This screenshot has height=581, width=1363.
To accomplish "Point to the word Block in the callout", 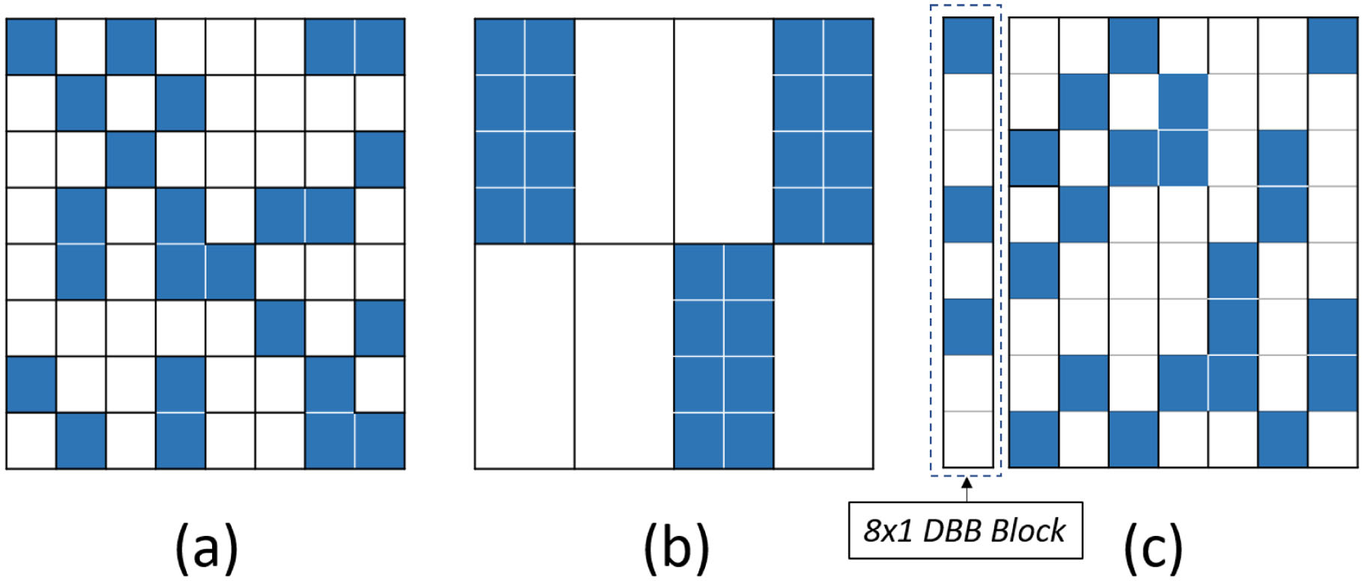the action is pyautogui.click(x=1028, y=531).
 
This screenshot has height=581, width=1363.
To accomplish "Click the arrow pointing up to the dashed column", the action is pyautogui.click(x=967, y=490).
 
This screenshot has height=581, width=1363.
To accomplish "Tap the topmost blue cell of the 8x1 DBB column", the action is pyautogui.click(x=967, y=46).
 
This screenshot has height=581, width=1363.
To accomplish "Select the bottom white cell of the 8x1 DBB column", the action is pyautogui.click(x=967, y=439).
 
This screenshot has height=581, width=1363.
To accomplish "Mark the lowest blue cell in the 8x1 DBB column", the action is pyautogui.click(x=967, y=327).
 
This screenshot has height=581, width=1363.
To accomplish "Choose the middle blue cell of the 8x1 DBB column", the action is pyautogui.click(x=967, y=214).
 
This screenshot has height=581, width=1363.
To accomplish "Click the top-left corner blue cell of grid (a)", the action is pyautogui.click(x=31, y=46).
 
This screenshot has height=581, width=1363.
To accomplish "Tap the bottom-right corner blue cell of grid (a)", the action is pyautogui.click(x=380, y=441).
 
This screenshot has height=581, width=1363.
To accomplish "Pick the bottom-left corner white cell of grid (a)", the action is pyautogui.click(x=31, y=441).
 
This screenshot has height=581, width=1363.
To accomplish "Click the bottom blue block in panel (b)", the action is pyautogui.click(x=723, y=356).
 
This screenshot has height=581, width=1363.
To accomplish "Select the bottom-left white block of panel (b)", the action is pyautogui.click(x=525, y=356).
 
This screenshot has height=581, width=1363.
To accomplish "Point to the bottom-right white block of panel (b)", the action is pyautogui.click(x=823, y=356).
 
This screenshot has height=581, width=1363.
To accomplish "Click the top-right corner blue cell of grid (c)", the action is pyautogui.click(x=1332, y=46).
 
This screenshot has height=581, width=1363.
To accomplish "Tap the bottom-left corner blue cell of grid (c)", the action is pyautogui.click(x=1034, y=439).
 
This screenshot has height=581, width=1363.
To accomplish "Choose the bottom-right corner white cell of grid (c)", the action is pyautogui.click(x=1332, y=439).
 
